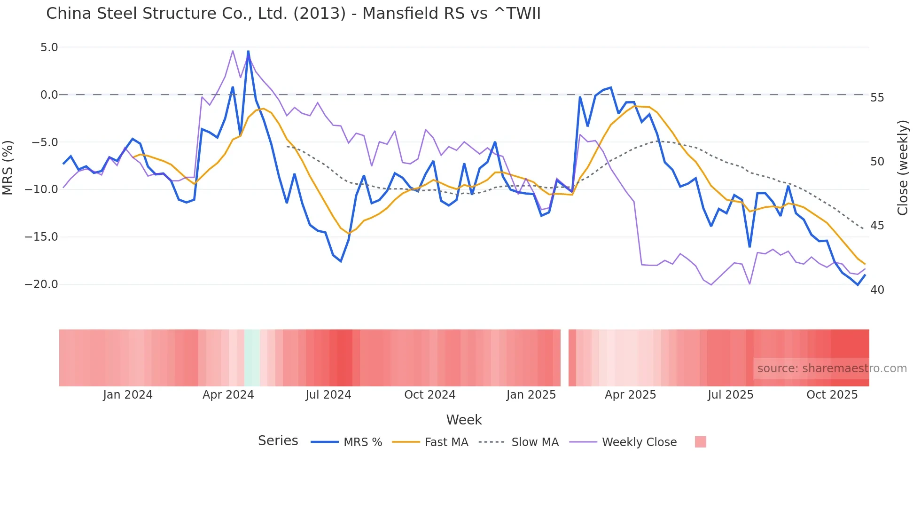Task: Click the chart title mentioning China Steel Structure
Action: (x=293, y=14)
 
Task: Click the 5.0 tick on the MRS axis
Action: (x=49, y=47)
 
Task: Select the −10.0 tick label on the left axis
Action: (x=41, y=189)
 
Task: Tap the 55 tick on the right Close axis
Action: (x=877, y=98)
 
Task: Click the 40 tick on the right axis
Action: (x=877, y=290)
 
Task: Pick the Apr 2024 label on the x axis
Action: (x=228, y=395)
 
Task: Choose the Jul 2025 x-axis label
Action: (x=730, y=395)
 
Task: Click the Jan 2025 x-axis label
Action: (x=531, y=395)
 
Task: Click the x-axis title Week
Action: (x=464, y=420)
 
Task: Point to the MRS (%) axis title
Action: (x=8, y=167)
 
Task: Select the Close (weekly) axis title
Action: (x=902, y=168)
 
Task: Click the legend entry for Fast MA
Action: (x=446, y=442)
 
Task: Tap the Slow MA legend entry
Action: (x=534, y=442)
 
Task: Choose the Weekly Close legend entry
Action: (x=639, y=442)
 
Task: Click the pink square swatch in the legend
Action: (x=700, y=442)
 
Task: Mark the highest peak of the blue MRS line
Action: (x=248, y=51)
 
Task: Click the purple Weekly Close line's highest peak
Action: (x=233, y=51)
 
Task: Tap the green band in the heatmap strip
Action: (x=252, y=358)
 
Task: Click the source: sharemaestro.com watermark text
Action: (x=832, y=369)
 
